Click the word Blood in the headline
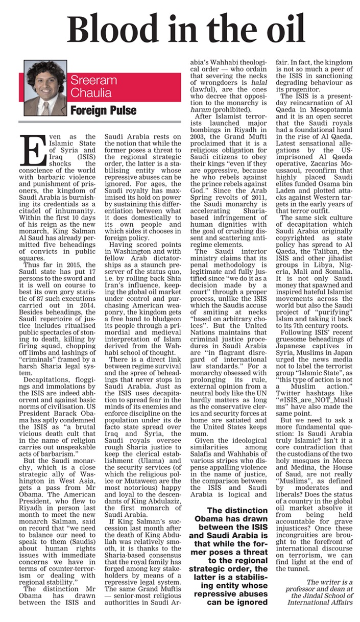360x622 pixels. (x=109, y=29)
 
